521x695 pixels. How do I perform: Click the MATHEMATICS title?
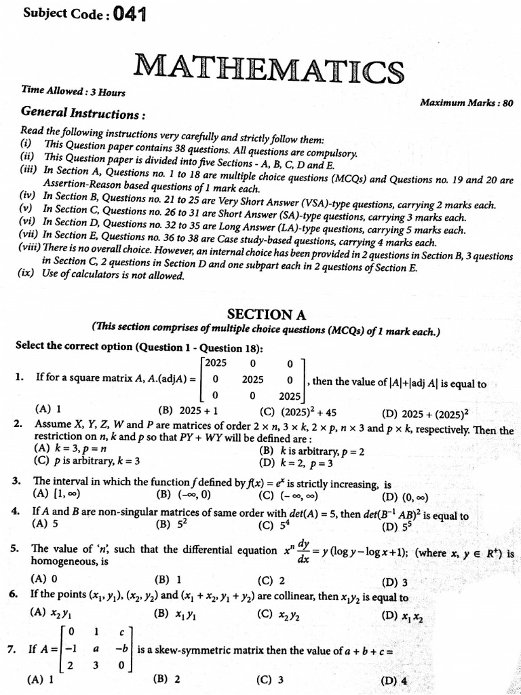click(269, 70)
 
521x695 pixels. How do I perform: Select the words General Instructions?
click(83, 113)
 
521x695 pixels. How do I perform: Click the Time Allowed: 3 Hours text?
click(73, 91)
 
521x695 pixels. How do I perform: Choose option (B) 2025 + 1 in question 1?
click(182, 410)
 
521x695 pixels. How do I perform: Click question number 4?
click(15, 514)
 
